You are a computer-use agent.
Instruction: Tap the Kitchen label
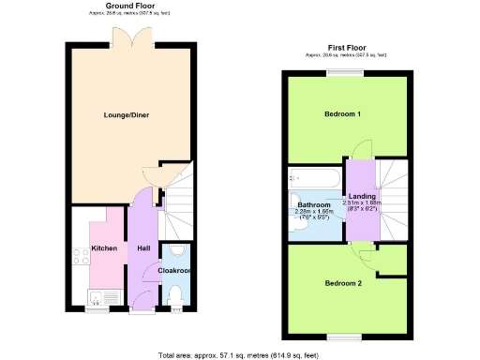tap(103, 248)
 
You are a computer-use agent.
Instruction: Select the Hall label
tap(142, 248)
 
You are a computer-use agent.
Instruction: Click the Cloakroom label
tap(174, 270)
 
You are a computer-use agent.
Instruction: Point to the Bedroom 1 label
tap(343, 114)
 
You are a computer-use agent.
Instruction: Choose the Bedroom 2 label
tap(343, 282)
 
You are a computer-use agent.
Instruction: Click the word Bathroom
tap(314, 204)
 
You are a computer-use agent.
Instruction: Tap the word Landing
tap(362, 196)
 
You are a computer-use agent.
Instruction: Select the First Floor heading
tap(346, 47)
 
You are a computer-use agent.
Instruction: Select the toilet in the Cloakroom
tap(175, 294)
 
